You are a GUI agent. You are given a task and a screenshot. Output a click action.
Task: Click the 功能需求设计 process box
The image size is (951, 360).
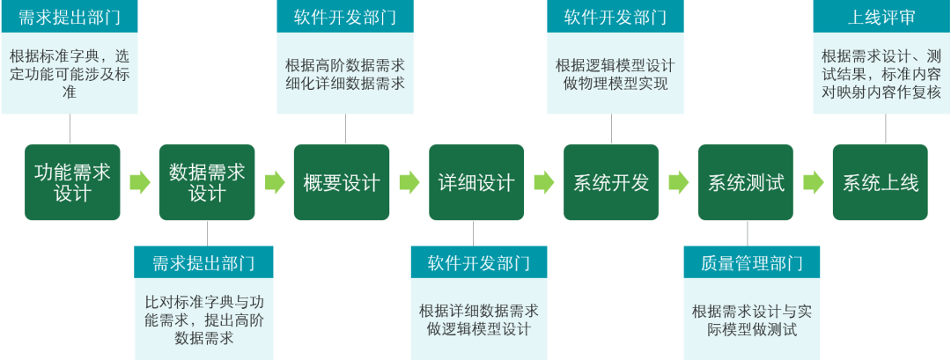tap(71, 182)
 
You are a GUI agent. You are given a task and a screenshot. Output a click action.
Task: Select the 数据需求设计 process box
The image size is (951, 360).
tap(207, 182)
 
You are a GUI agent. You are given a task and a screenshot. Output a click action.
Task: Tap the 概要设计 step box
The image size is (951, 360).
tap(341, 182)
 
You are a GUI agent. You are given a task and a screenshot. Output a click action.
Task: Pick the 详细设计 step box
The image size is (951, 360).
tap(475, 182)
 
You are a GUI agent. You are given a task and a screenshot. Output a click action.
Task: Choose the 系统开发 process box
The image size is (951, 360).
tap(611, 182)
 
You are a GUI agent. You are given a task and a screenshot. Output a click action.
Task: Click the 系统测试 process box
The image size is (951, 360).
tap(746, 182)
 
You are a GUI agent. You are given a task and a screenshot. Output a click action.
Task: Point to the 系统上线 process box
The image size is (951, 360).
tap(881, 182)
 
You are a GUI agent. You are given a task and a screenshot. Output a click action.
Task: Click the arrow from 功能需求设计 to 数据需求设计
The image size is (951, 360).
tap(139, 182)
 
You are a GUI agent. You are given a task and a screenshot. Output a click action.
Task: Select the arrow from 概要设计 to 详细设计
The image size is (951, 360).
tap(409, 182)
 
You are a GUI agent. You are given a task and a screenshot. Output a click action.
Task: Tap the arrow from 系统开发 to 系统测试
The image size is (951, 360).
tap(678, 182)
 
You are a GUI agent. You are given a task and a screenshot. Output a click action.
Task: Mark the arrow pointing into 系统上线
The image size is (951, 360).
tap(813, 182)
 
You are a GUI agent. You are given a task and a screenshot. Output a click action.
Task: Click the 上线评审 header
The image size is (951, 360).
tap(881, 17)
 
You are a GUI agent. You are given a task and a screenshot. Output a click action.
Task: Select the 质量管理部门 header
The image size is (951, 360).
tap(752, 262)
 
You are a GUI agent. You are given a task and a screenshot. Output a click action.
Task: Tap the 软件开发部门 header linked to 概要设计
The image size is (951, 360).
tap(345, 17)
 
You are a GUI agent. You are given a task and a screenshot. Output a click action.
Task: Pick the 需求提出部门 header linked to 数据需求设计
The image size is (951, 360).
tap(203, 262)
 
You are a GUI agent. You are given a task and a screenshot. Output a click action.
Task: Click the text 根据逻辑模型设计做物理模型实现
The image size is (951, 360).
tap(615, 75)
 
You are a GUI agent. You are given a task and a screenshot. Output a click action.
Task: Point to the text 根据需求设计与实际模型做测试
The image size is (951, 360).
tap(751, 320)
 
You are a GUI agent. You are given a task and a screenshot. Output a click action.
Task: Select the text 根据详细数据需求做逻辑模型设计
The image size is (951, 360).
tap(479, 320)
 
